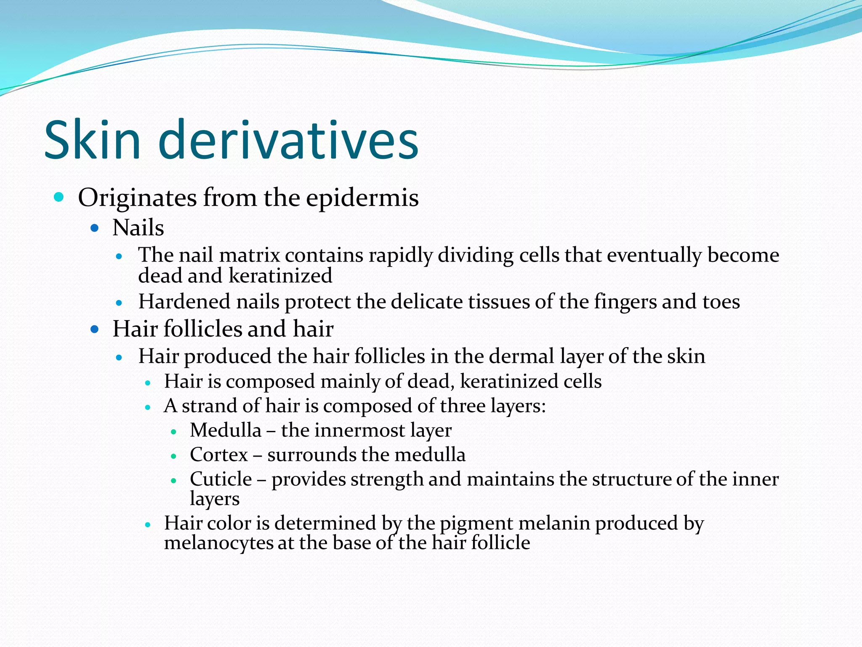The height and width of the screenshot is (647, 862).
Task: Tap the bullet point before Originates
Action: tap(59, 197)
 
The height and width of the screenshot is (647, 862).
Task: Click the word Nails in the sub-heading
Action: tap(138, 228)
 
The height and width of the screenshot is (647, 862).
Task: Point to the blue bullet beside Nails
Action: tap(95, 228)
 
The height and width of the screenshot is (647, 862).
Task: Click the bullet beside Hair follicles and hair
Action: tap(95, 329)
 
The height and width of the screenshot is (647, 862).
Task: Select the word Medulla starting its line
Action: tap(226, 430)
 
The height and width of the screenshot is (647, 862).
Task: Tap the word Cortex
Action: tap(219, 455)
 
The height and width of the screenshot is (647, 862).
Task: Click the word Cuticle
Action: tap(221, 479)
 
